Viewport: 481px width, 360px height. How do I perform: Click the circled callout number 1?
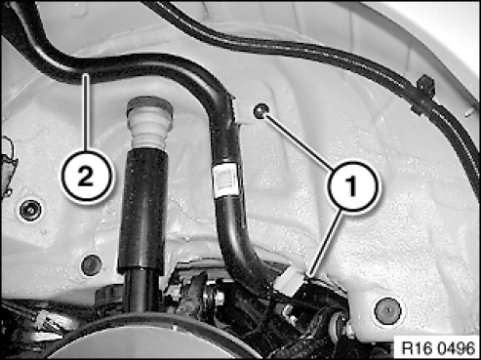(x=354, y=185)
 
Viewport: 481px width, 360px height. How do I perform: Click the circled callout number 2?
(x=86, y=177)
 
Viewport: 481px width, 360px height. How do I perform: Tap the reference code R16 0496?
(x=438, y=348)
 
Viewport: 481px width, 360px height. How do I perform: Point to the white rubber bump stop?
(x=150, y=123)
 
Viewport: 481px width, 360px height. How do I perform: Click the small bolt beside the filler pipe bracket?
(x=261, y=111)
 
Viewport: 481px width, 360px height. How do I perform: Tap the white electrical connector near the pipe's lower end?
(x=290, y=283)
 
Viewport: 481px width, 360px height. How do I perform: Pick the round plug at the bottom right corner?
(x=387, y=310)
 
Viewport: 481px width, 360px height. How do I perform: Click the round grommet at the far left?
(x=30, y=211)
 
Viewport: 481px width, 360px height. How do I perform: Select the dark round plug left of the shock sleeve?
(x=92, y=265)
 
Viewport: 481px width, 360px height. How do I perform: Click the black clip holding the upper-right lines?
(x=423, y=95)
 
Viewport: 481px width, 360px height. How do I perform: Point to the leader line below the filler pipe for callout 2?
(x=86, y=113)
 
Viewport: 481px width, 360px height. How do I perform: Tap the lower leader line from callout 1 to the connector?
(x=325, y=243)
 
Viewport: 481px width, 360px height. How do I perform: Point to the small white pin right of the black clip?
(x=468, y=113)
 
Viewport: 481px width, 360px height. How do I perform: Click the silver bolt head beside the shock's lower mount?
(x=219, y=296)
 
